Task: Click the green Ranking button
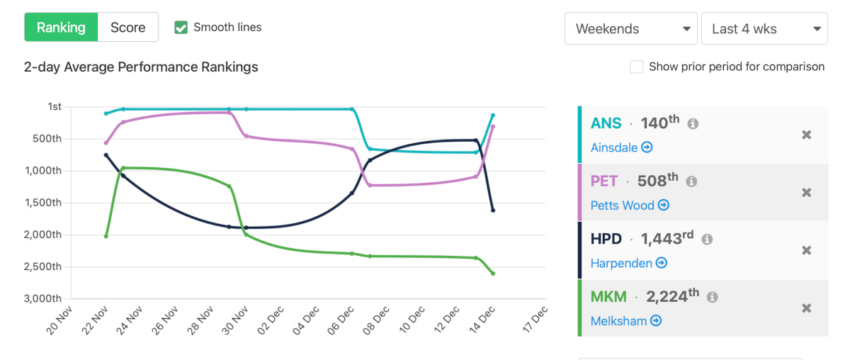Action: pyautogui.click(x=61, y=28)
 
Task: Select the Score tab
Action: pyautogui.click(x=128, y=28)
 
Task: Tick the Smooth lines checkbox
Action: pyautogui.click(x=181, y=28)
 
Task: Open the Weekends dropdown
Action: pyautogui.click(x=630, y=29)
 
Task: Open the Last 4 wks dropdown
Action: pyautogui.click(x=764, y=29)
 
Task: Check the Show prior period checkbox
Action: pyautogui.click(x=637, y=67)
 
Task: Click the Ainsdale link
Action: pyautogui.click(x=621, y=147)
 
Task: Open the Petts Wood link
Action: pyautogui.click(x=630, y=206)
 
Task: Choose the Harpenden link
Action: pyautogui.click(x=628, y=263)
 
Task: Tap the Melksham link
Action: pyautogui.click(x=625, y=321)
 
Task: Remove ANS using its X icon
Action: pyautogui.click(x=806, y=135)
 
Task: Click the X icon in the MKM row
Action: pyautogui.click(x=806, y=308)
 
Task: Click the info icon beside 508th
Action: pyautogui.click(x=691, y=181)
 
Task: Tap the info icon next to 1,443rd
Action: pyautogui.click(x=707, y=240)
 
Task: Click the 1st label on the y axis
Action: pyautogui.click(x=55, y=106)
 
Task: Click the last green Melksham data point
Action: pyautogui.click(x=493, y=274)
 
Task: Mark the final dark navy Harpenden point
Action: pyautogui.click(x=493, y=210)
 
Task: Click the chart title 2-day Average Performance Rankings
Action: pyautogui.click(x=141, y=67)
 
